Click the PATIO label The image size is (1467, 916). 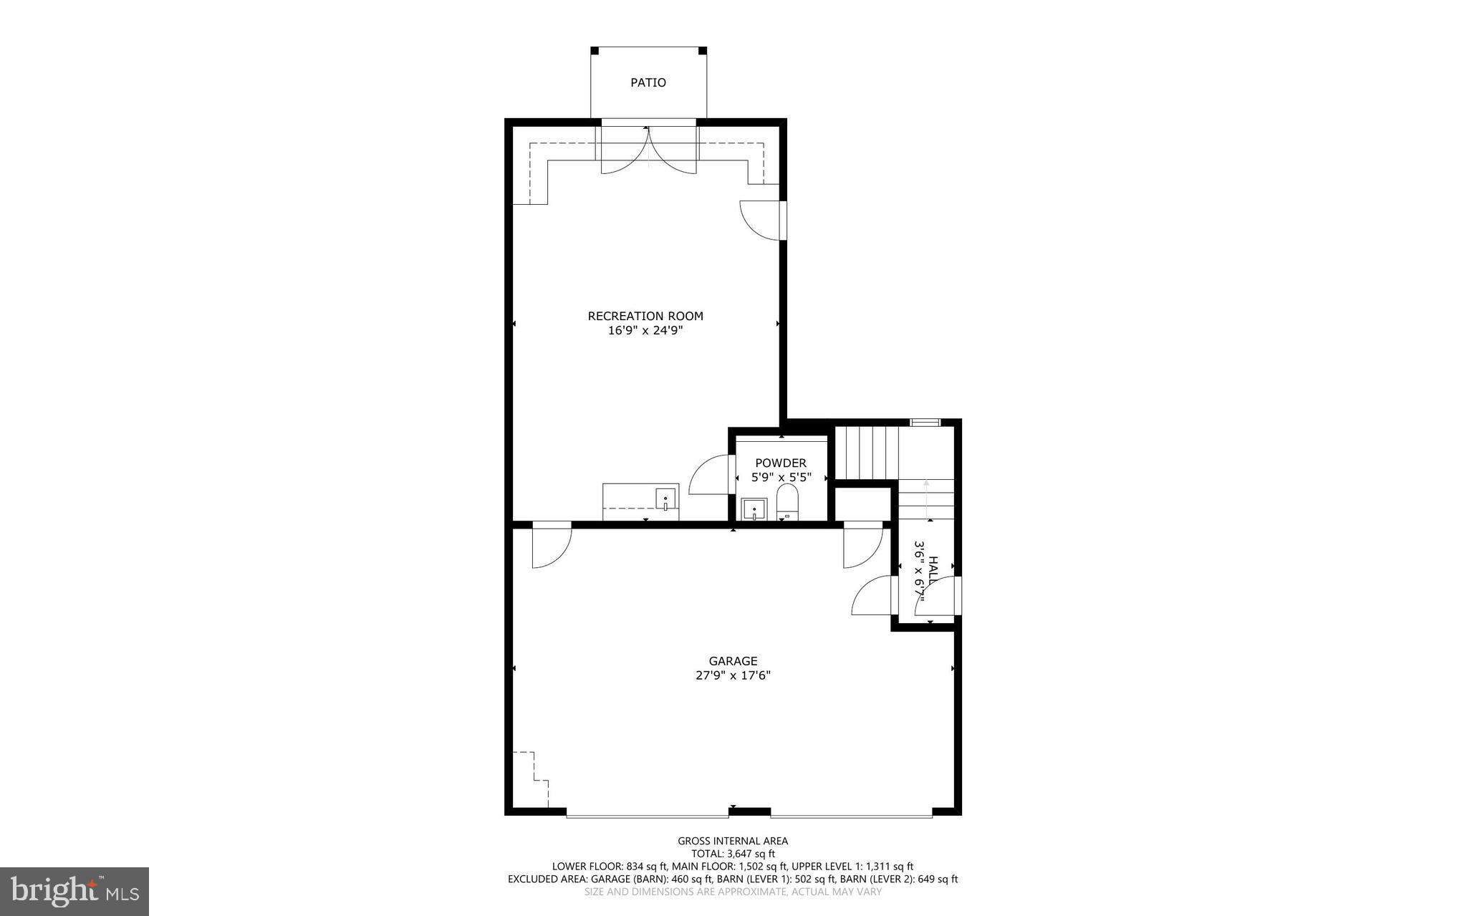(x=648, y=82)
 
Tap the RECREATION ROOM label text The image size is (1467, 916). (x=645, y=316)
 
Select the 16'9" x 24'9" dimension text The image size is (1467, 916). (x=645, y=330)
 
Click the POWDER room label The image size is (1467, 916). (x=780, y=463)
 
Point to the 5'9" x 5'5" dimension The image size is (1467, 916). (x=781, y=477)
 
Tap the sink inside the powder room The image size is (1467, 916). (x=754, y=509)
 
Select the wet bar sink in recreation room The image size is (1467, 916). (x=666, y=498)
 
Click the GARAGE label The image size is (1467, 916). (x=733, y=661)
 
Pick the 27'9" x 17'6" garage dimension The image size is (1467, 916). (x=733, y=675)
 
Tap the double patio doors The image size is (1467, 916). (x=648, y=150)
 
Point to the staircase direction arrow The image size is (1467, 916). (x=926, y=498)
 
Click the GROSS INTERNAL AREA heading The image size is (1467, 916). (x=733, y=841)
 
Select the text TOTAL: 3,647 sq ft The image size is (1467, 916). (x=733, y=854)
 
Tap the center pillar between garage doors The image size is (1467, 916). (x=750, y=811)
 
